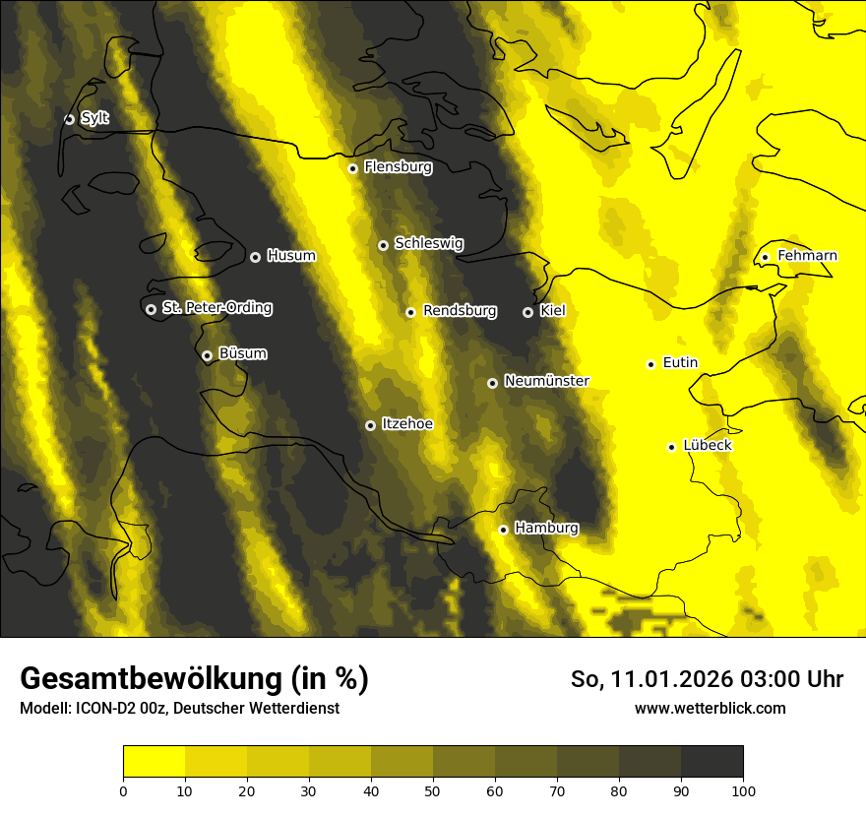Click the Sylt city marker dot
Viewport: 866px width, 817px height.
click(x=69, y=119)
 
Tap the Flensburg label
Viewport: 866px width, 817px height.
click(x=398, y=167)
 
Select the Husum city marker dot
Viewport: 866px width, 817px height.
click(x=255, y=257)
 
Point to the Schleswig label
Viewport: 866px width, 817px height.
click(x=428, y=244)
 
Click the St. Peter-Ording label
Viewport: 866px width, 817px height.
click(x=216, y=308)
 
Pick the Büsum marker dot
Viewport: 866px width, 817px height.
click(x=207, y=355)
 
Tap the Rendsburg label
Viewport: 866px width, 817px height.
click(x=460, y=311)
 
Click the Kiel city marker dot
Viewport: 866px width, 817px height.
click(x=527, y=312)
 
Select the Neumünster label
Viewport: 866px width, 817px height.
click(x=546, y=381)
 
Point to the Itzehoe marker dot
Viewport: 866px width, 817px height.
click(x=370, y=425)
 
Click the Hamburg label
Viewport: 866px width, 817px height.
click(x=546, y=529)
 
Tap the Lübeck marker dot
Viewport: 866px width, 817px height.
click(x=672, y=446)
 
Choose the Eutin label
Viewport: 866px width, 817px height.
click(x=680, y=363)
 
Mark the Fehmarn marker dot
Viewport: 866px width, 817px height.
click(x=765, y=257)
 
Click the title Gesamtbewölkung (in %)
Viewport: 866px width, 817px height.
click(x=194, y=679)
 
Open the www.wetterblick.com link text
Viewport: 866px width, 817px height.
click(x=710, y=708)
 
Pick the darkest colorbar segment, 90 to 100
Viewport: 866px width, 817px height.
click(x=711, y=761)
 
